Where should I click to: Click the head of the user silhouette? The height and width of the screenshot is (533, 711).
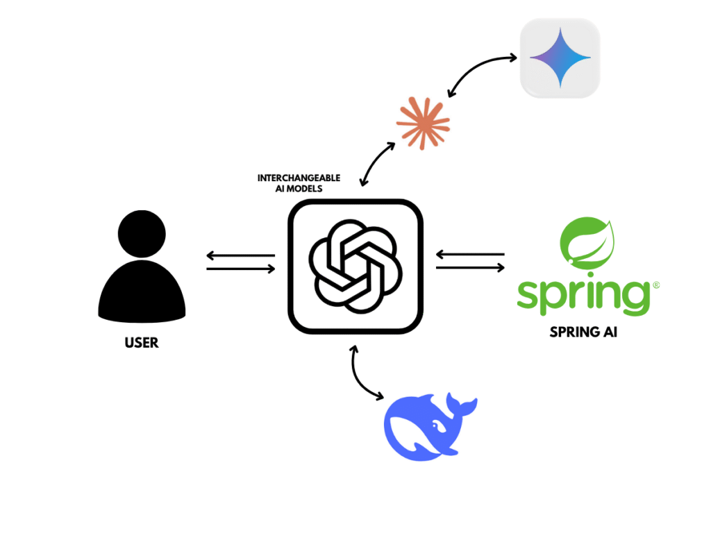point(142,234)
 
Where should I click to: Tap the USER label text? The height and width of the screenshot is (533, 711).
point(142,343)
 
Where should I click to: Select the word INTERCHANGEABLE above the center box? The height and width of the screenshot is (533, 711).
point(299,178)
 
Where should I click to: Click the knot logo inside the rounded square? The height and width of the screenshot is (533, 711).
point(355,266)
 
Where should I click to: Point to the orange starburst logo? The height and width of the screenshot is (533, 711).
point(423,124)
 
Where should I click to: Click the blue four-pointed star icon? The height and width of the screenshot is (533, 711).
point(560,58)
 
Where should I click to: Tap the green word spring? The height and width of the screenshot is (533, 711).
point(584,297)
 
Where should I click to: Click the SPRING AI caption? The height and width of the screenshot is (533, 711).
point(583,332)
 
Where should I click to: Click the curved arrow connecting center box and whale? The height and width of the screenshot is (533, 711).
point(358,377)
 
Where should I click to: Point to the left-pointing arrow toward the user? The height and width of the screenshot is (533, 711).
point(240,255)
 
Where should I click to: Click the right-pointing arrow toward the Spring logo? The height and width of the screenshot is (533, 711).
point(470,268)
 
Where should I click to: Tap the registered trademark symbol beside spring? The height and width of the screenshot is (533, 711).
point(655,285)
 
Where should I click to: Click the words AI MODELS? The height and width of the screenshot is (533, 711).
point(299,189)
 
